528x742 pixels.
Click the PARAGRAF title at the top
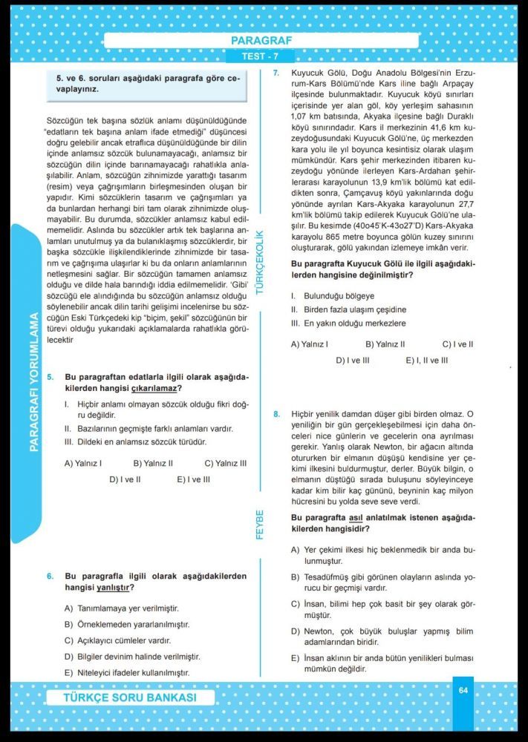point(261,41)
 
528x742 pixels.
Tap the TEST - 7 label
point(261,56)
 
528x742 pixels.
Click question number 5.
point(50,377)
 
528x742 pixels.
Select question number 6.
point(50,576)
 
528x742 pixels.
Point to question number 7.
point(276,73)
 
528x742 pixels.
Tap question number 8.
point(276,413)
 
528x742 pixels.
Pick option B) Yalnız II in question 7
point(385,344)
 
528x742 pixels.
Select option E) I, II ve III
point(426,361)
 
